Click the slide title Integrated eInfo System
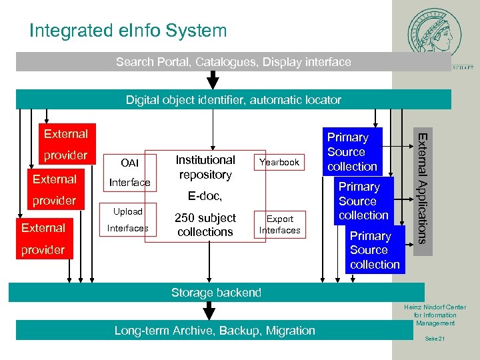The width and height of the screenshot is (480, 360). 128,31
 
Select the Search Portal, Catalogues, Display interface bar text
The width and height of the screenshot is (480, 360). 233,62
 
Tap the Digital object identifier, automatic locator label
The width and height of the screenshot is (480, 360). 233,100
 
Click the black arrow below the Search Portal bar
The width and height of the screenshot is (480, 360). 213,81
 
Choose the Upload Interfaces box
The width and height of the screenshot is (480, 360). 128,219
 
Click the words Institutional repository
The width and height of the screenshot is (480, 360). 205,167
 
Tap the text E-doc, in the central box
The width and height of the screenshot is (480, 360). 205,196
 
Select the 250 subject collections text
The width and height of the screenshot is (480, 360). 205,225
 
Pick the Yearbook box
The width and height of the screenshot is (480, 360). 279,162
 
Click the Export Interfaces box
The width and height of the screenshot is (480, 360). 279,225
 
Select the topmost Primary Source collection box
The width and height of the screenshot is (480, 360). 352,151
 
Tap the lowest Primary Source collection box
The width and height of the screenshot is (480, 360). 375,250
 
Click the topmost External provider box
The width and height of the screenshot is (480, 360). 65,144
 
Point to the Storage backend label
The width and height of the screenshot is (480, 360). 216,293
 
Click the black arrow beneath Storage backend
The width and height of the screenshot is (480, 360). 210,311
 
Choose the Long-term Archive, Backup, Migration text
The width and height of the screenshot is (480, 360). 215,331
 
